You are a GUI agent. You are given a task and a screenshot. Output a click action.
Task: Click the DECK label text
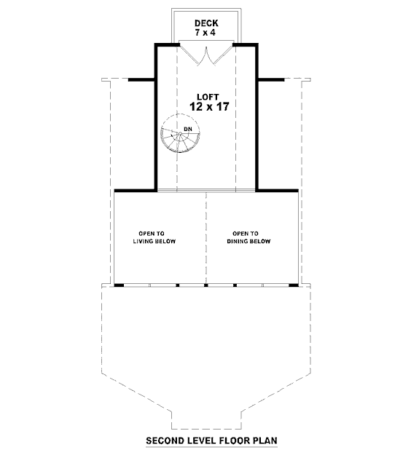[206, 23]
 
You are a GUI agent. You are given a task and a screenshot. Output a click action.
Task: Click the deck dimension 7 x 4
[205, 33]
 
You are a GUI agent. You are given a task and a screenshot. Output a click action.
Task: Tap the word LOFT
[208, 97]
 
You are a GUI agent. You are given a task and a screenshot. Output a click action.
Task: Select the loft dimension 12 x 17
[209, 106]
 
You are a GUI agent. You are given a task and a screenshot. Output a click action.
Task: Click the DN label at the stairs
[188, 129]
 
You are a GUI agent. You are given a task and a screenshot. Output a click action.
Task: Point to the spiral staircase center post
[181, 133]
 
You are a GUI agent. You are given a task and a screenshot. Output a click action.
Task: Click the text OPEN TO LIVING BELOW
[154, 237]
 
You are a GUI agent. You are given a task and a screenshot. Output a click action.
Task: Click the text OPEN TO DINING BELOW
[248, 237]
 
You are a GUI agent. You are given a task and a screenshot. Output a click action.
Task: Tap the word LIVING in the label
[143, 241]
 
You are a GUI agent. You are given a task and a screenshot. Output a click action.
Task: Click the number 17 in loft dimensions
[222, 106]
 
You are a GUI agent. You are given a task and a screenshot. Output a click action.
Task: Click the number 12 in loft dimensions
[196, 106]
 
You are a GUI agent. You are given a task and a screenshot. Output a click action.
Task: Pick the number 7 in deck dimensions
[197, 33]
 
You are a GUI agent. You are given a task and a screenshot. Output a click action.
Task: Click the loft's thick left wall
[156, 117]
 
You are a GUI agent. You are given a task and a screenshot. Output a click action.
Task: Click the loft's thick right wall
[257, 117]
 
